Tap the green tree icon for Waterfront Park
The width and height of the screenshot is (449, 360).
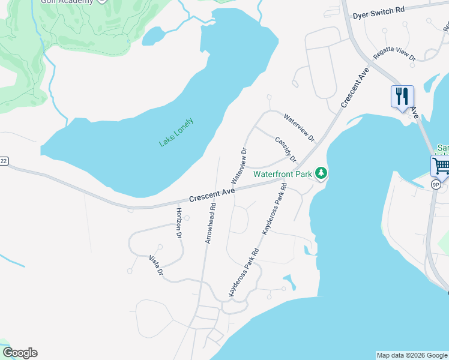322,174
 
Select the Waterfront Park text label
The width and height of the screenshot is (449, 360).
283,175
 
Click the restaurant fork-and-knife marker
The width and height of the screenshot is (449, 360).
402,96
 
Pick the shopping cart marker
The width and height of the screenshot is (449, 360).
441,166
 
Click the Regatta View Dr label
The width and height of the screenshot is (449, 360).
394,56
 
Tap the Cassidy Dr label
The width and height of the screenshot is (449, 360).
286,149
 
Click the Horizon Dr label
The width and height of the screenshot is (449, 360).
178,223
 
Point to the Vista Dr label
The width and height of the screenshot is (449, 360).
156,265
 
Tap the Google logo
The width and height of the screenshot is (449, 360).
20,353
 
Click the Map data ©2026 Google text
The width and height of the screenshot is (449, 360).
412,355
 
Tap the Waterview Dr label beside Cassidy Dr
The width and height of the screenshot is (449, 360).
299,128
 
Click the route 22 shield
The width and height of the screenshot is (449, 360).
4,161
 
